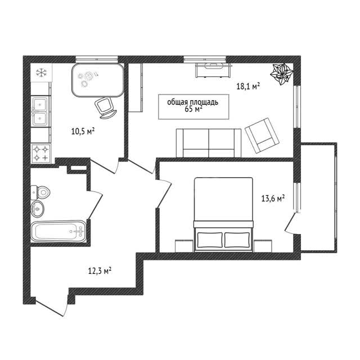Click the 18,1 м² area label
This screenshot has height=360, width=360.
click(248, 86)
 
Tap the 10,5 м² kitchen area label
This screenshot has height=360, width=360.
click(83, 131)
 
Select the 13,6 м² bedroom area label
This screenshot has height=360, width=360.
click(273, 198)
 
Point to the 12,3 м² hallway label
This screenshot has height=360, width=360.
click(100, 271)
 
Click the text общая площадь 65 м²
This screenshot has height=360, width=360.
click(193, 106)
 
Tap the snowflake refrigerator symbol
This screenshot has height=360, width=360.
click(41, 73)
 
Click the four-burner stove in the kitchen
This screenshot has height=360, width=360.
click(41, 154)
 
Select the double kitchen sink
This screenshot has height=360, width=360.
click(40, 111)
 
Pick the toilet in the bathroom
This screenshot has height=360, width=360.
click(40, 192)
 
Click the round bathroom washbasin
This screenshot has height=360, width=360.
click(37, 209)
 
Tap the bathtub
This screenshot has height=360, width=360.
click(58, 231)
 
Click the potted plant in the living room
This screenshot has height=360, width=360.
click(281, 74)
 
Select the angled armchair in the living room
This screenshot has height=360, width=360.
click(262, 136)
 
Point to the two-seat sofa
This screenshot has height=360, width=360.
click(209, 143)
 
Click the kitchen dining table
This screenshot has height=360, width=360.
click(98, 80)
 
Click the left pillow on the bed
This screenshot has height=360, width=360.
click(210, 240)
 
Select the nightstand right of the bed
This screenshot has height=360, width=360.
click(263, 246)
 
